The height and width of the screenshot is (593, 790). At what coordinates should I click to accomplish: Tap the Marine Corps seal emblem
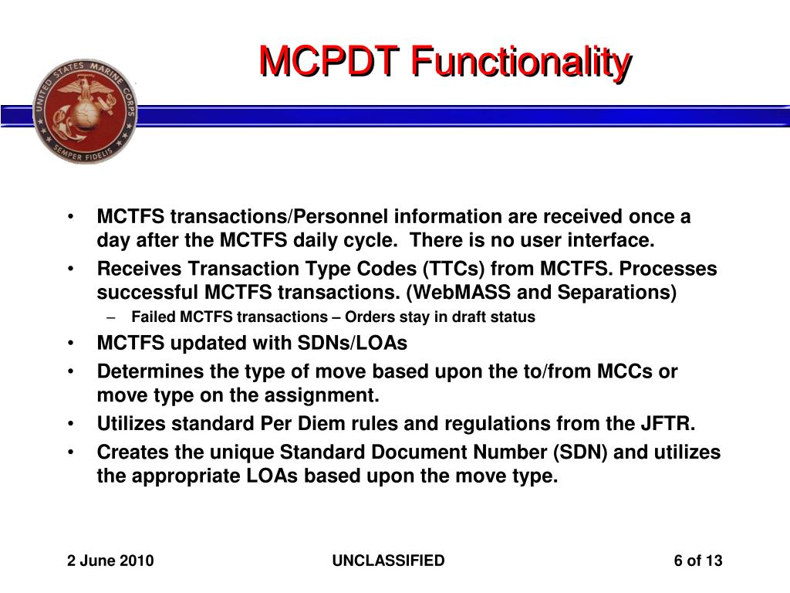[85, 110]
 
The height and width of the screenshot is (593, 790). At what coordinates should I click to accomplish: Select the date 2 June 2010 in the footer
[110, 561]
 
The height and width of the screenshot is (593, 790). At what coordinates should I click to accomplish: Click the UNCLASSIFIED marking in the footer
[388, 561]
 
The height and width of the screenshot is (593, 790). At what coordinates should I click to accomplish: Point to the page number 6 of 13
[697, 561]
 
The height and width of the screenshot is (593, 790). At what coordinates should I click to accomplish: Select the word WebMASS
[467, 293]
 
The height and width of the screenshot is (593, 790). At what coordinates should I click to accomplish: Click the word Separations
[618, 293]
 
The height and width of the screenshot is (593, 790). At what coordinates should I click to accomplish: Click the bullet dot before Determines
[71, 371]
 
